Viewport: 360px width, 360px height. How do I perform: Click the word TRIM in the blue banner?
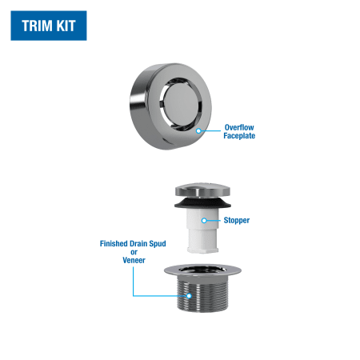click(x=37, y=26)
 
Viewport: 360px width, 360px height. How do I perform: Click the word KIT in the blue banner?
click(x=66, y=26)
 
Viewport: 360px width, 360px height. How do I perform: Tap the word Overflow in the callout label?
click(x=239, y=127)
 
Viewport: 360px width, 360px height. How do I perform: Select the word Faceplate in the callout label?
click(x=239, y=136)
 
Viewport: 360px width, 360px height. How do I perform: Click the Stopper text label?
click(x=237, y=220)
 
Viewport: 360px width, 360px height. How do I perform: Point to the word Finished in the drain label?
click(x=114, y=243)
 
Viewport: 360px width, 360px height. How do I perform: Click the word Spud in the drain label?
click(x=158, y=243)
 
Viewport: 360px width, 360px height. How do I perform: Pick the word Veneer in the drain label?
click(x=134, y=260)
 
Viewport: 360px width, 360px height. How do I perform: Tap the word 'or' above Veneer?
click(x=134, y=252)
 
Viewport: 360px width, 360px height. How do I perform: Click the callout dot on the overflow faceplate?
click(x=198, y=131)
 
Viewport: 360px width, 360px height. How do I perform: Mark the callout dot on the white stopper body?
click(x=204, y=221)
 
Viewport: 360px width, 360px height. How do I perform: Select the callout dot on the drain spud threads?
click(x=189, y=296)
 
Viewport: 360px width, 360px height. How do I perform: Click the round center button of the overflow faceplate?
click(x=181, y=103)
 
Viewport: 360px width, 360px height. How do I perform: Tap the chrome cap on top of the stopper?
click(x=202, y=190)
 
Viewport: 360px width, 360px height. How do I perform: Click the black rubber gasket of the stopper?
click(x=202, y=203)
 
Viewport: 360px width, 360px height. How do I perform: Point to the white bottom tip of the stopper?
click(x=202, y=250)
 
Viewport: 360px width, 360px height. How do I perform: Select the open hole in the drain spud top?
click(x=202, y=270)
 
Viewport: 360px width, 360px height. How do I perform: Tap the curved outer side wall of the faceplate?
click(x=138, y=106)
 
